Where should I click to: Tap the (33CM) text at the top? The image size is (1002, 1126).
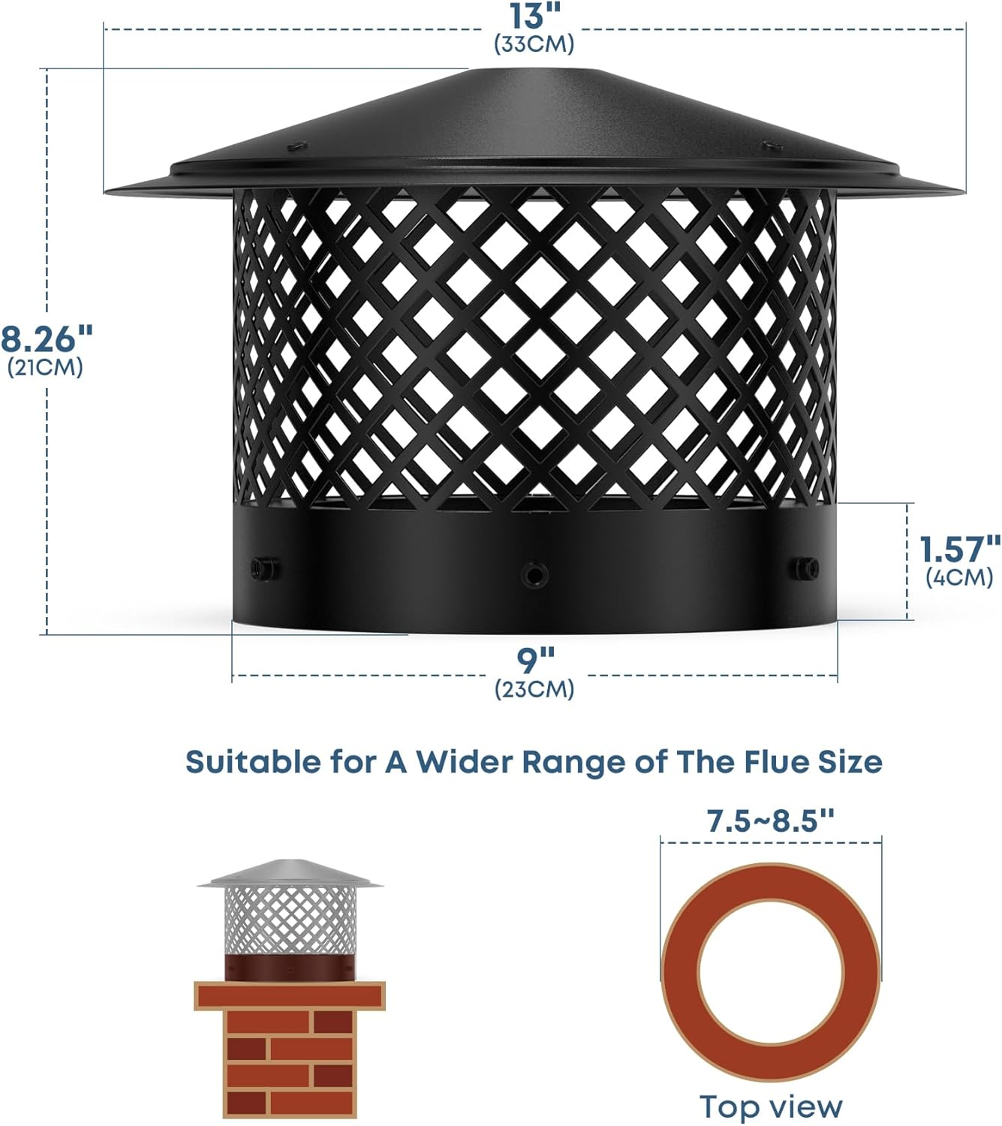click(534, 44)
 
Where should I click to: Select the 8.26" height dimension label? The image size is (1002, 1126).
click(47, 339)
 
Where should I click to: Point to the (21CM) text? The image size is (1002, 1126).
click(45, 368)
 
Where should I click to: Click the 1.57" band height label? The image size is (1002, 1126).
click(960, 549)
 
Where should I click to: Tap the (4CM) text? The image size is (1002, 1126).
click(958, 577)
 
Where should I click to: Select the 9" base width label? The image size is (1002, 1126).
click(535, 661)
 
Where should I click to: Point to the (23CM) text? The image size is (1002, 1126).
click(534, 688)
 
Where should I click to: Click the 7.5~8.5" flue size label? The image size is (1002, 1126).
click(771, 821)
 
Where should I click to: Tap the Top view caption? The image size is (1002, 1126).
click(771, 1106)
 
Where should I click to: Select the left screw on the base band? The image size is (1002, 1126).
click(263, 567)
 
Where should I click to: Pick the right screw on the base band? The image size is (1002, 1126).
click(804, 565)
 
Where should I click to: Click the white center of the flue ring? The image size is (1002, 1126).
click(771, 972)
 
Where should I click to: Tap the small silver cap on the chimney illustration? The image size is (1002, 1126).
click(290, 875)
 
